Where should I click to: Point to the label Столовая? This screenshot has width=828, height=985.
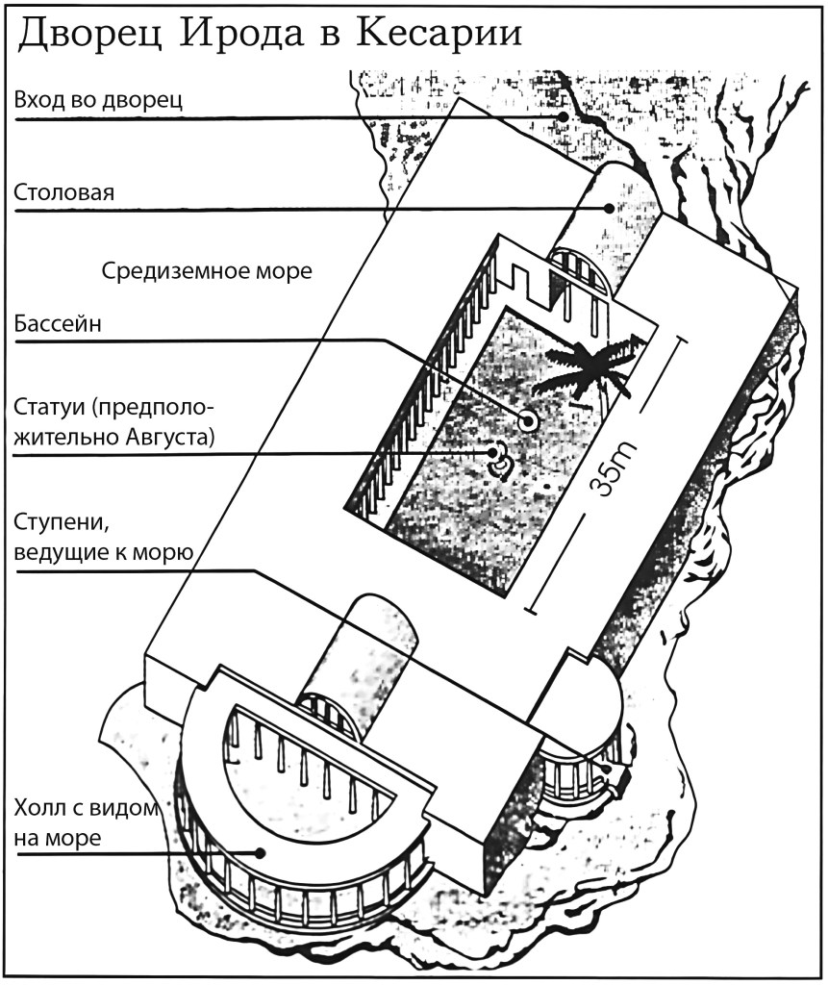pyautogui.click(x=64, y=192)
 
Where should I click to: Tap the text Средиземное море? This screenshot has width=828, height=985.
pyautogui.click(x=207, y=271)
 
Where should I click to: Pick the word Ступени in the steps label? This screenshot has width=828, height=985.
pyautogui.click(x=60, y=522)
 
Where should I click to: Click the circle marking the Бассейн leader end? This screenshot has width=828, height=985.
pyautogui.click(x=527, y=419)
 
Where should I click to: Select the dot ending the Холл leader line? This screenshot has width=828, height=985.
pyautogui.click(x=260, y=851)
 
